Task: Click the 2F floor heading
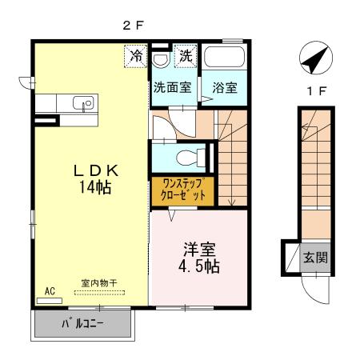[x=133, y=25]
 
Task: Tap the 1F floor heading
[x=316, y=90]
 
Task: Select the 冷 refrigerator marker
[x=137, y=57]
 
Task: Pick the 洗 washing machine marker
[x=185, y=57]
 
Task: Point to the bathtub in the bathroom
[x=223, y=58]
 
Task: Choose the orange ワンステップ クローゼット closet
[x=182, y=190]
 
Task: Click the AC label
[x=49, y=291]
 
